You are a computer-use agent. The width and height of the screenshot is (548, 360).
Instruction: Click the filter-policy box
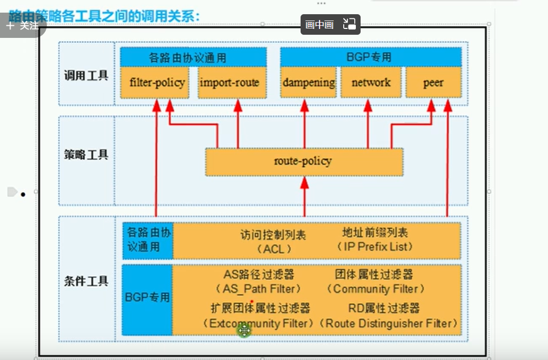[157, 83]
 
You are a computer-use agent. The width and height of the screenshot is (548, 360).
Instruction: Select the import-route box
[230, 83]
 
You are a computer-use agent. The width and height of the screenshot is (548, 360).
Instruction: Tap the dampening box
[308, 83]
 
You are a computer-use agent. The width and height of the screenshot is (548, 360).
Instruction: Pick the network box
[371, 83]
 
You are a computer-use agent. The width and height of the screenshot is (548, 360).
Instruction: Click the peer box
[433, 83]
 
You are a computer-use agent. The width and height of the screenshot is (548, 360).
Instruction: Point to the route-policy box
[303, 161]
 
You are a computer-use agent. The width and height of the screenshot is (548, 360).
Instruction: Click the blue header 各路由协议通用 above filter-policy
[193, 57]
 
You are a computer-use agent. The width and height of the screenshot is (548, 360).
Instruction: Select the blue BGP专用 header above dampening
[370, 57]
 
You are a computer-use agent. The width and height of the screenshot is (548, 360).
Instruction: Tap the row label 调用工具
[86, 75]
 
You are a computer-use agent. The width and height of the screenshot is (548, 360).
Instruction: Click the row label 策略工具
[86, 155]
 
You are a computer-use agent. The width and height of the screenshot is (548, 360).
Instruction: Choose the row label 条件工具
[86, 281]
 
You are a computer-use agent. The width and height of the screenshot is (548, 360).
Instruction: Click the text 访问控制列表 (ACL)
[273, 241]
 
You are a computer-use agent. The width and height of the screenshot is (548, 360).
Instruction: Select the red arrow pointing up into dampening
[304, 124]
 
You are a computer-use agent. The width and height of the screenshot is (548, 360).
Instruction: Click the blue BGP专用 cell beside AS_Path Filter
[147, 298]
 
